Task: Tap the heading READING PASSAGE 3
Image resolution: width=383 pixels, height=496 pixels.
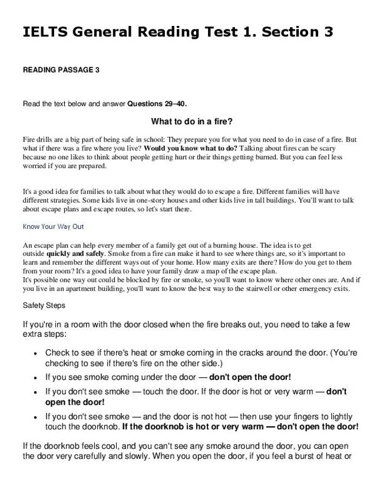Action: coord(61,70)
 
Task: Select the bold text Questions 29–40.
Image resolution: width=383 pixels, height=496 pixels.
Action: coord(157,104)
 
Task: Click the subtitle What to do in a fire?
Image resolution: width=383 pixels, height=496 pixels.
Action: coord(191,122)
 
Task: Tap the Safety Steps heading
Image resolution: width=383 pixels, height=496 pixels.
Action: coord(44,306)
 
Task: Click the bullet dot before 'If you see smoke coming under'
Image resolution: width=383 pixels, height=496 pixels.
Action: coord(36,377)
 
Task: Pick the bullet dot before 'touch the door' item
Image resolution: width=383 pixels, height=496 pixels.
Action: coord(36,392)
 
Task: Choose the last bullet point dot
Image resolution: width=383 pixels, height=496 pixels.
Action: coord(36,416)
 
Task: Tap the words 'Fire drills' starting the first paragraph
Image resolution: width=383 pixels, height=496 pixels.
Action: coord(37,140)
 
